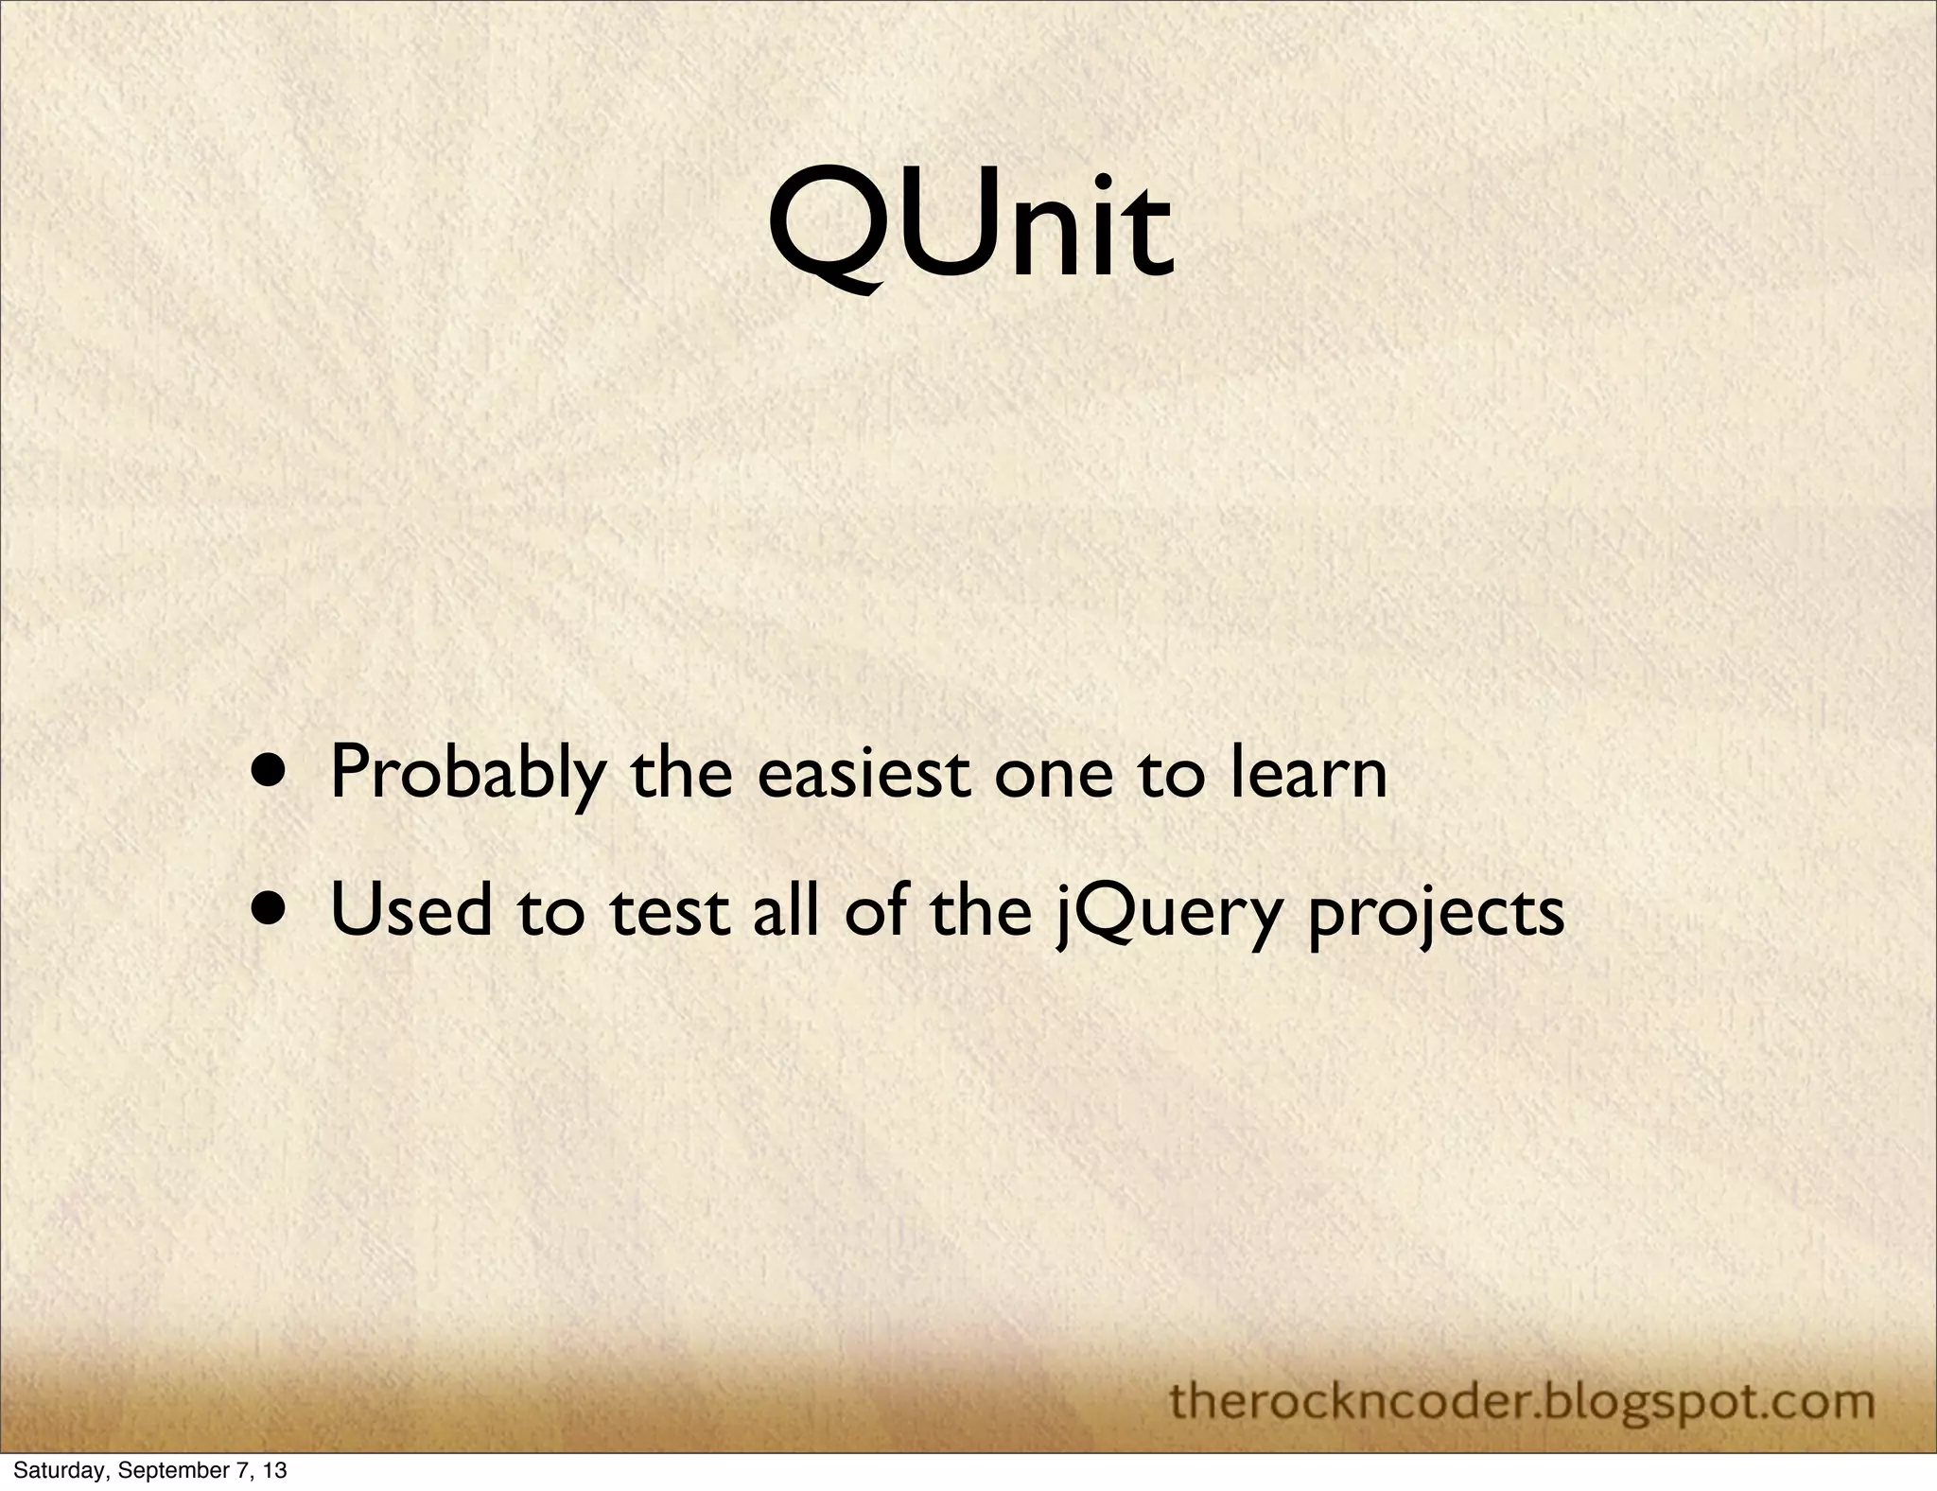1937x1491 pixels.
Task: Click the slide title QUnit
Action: click(x=970, y=227)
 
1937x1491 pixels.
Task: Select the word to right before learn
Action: click(x=1172, y=774)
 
